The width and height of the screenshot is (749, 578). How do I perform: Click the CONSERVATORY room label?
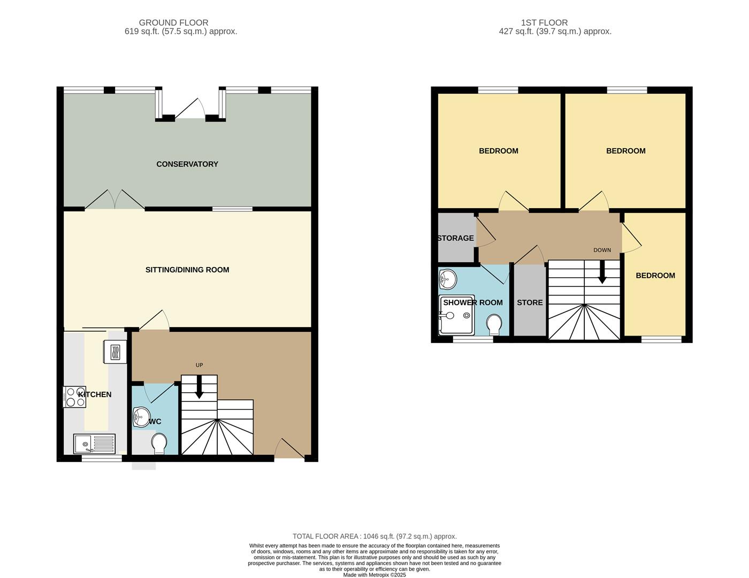click(x=187, y=164)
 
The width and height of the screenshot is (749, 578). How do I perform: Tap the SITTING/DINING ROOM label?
click(x=187, y=270)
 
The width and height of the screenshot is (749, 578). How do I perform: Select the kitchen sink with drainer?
click(x=94, y=444)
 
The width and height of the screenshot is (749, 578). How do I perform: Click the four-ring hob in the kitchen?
click(x=74, y=397)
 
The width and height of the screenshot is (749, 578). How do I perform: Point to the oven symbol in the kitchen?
click(x=116, y=352)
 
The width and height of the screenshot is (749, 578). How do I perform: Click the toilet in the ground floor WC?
click(x=159, y=443)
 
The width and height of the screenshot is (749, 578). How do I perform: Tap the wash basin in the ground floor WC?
click(x=141, y=417)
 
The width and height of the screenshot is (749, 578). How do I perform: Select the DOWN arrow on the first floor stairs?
click(x=602, y=272)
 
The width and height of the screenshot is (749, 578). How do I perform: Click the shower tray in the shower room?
click(x=456, y=316)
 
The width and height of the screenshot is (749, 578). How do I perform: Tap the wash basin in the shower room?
click(x=448, y=279)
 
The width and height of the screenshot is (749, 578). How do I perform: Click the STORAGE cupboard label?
click(x=455, y=238)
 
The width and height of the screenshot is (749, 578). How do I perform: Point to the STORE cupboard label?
click(x=530, y=302)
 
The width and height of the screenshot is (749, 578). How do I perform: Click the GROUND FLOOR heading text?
click(x=174, y=22)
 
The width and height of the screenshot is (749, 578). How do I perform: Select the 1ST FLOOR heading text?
click(x=544, y=22)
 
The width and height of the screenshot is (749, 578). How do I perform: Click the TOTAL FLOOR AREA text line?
click(x=374, y=536)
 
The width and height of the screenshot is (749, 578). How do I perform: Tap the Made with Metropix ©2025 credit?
click(x=374, y=575)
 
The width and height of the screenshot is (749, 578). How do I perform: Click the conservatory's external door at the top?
click(x=190, y=109)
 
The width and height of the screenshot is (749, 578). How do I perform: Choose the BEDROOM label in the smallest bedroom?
click(x=655, y=276)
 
